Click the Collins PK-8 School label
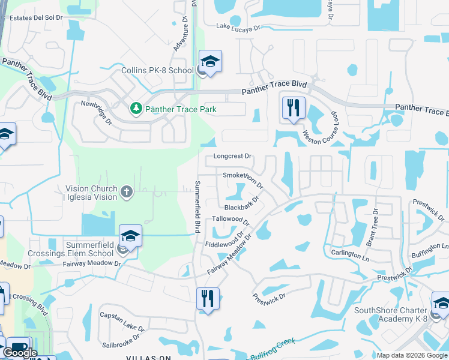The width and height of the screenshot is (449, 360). click(x=155, y=70)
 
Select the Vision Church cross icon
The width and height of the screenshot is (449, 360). click(x=126, y=192)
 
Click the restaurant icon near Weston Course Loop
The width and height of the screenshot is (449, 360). click(x=294, y=108)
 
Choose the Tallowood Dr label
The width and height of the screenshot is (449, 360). click(x=231, y=220)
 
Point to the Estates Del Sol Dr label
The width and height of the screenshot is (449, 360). click(x=33, y=18)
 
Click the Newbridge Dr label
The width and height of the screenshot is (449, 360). click(x=97, y=112)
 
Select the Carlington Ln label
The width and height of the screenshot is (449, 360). click(x=349, y=254)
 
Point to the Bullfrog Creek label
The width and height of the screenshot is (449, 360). click(x=274, y=347)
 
